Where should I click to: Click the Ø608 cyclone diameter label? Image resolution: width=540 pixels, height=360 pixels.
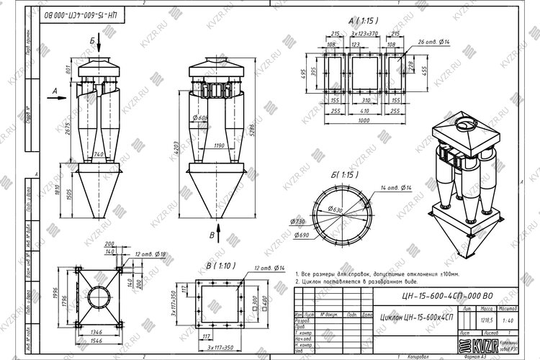pos(200,118)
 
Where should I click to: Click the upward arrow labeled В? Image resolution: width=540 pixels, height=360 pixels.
pos(212,235)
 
